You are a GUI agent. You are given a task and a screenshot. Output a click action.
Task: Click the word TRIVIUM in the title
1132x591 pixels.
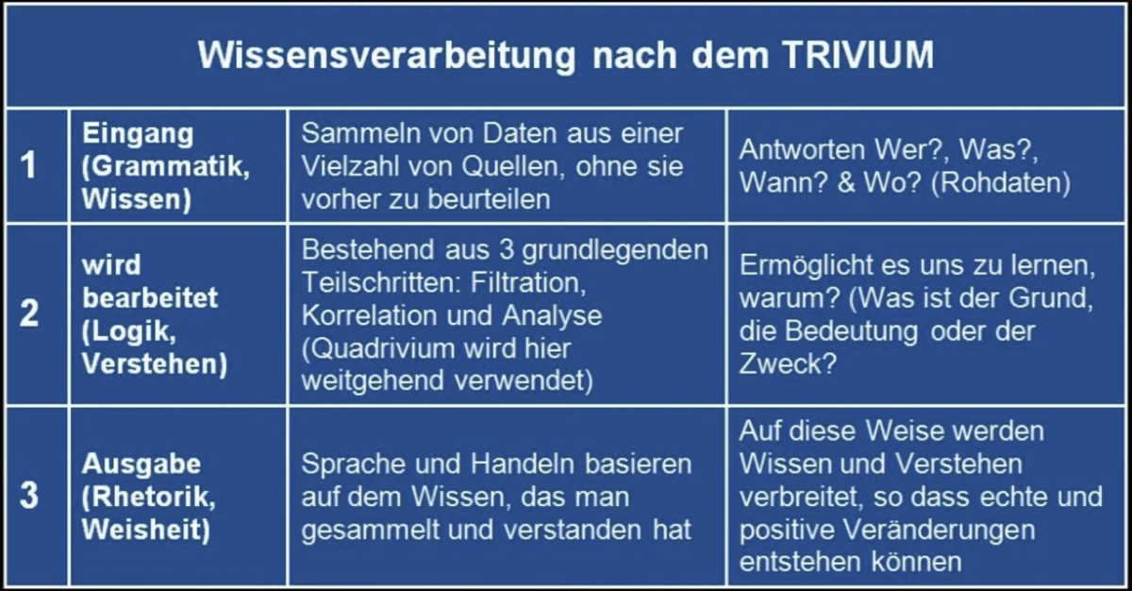858,55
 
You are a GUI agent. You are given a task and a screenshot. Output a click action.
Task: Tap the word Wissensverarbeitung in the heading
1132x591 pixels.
387,56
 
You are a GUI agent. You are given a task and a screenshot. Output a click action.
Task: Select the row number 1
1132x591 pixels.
28,165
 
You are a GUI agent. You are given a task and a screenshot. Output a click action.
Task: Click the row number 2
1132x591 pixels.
29,312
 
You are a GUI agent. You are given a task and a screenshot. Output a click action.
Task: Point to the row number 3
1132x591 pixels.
29,495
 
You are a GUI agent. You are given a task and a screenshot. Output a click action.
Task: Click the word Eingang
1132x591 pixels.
138,135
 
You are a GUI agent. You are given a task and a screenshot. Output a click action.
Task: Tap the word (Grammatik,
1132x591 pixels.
166,166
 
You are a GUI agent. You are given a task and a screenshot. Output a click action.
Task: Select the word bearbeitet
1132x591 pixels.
150,297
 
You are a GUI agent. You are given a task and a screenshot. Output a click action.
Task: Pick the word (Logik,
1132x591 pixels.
129,331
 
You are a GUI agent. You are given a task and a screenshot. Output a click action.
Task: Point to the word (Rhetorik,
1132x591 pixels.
149,498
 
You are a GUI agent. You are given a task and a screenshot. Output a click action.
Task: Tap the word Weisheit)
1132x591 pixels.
145,530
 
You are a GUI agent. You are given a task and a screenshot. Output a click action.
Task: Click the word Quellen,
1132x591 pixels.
513,167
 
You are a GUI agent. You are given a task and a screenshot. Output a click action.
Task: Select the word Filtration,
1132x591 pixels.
528,282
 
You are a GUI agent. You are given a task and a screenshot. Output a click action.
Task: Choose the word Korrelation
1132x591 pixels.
369,315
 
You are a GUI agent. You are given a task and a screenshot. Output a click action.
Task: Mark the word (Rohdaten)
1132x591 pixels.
1001,182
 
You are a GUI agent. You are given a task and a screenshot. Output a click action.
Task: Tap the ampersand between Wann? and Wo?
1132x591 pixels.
846,182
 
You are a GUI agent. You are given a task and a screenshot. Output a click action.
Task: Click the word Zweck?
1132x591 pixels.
788,363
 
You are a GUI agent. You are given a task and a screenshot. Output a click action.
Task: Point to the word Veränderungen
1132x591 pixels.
940,530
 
